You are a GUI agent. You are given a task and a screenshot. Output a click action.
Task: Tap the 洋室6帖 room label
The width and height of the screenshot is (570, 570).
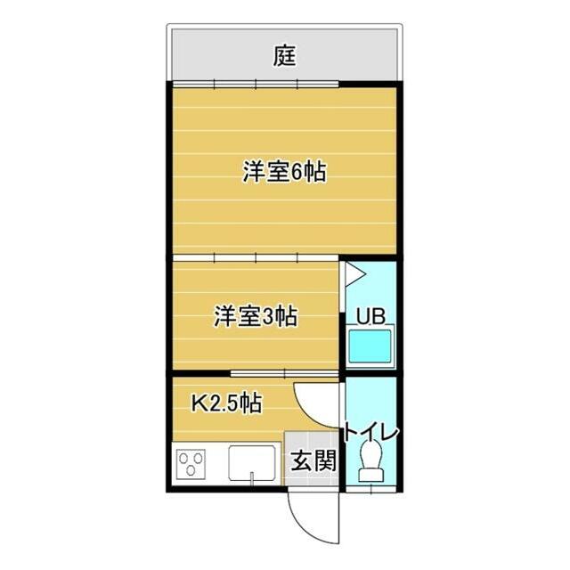[285, 172]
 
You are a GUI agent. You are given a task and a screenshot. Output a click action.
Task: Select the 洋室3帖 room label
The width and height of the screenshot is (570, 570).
[256, 316]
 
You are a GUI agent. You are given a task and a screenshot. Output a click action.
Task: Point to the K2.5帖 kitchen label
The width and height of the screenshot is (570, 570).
[226, 403]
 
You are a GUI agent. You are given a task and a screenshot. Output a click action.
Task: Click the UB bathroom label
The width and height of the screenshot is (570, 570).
[370, 316]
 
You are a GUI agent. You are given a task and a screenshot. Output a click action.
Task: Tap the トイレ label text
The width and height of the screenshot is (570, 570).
[370, 432]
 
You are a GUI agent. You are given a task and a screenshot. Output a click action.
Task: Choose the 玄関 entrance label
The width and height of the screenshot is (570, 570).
[313, 460]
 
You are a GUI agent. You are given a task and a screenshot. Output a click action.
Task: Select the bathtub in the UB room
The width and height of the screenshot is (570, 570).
[370, 346]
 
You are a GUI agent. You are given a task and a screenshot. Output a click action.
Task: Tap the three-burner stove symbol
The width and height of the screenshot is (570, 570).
[191, 464]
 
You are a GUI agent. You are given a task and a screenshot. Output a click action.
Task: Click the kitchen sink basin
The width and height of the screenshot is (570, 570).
[251, 462]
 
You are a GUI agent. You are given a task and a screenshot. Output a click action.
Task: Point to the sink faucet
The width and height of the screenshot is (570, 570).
[251, 477]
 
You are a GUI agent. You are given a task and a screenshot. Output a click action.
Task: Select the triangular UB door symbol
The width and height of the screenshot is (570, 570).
[354, 274]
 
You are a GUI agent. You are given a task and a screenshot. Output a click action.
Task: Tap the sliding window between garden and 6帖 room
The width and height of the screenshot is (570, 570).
[256, 85]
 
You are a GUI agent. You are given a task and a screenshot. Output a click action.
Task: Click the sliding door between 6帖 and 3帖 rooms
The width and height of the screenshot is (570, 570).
[256, 258]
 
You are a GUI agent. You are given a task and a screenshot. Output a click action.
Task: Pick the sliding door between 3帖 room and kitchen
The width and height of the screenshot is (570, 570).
[285, 373]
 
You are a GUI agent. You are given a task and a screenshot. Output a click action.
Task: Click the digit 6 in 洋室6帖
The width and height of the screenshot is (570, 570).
[297, 172]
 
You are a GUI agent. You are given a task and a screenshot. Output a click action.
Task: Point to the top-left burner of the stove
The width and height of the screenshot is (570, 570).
[183, 457]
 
